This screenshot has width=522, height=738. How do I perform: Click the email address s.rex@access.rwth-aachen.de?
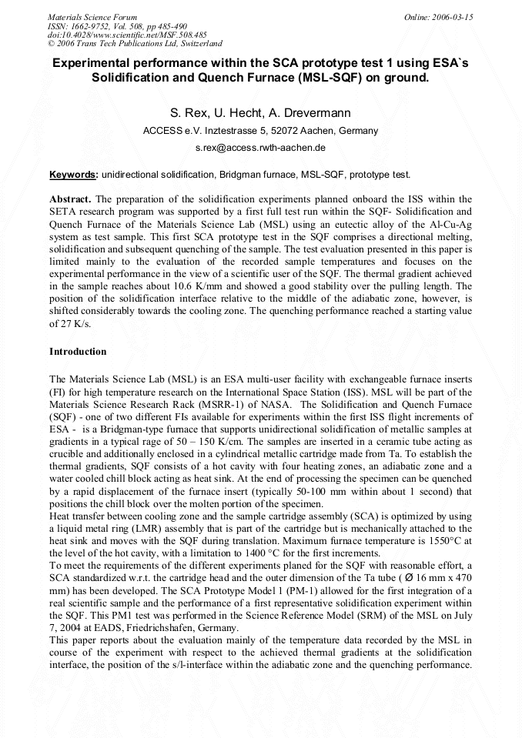pos(260,147)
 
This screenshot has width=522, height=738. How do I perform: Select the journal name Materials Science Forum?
pos(92,17)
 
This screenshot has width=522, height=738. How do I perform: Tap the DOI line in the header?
pos(127,35)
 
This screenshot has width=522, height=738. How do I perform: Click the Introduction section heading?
pos(78,352)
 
